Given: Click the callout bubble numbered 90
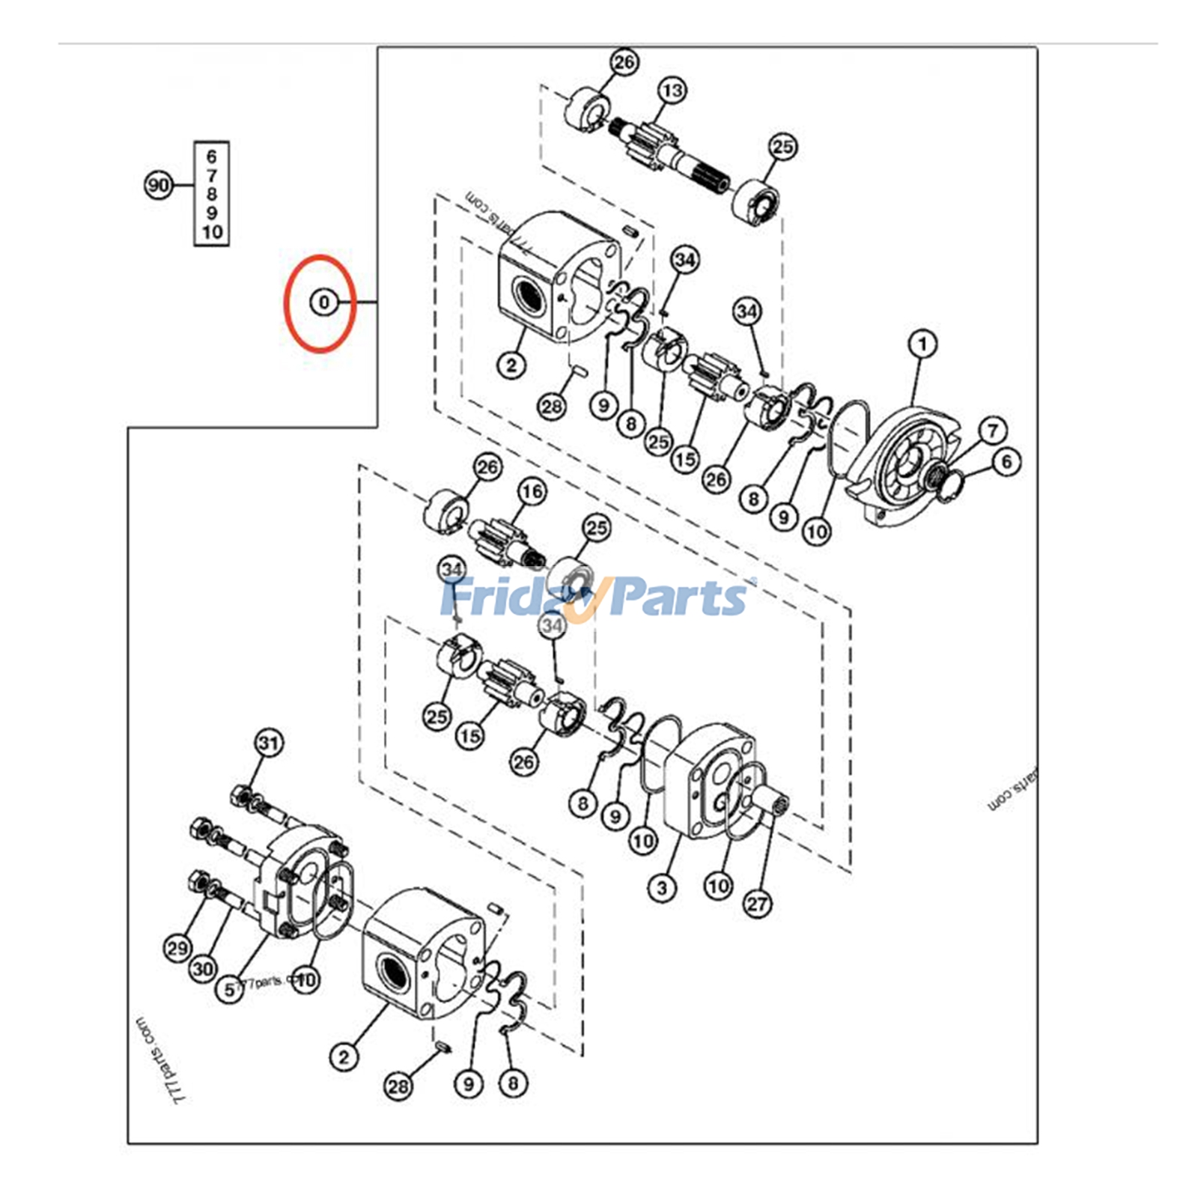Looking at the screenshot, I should click(158, 185).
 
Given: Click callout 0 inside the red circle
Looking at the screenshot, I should click(323, 302).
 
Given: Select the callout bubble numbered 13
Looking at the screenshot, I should click(672, 91).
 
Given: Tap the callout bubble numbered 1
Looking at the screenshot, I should click(922, 344).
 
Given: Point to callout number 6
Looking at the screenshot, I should click(1006, 461).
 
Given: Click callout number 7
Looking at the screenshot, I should click(993, 430).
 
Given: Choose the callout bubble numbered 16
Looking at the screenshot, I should click(532, 492).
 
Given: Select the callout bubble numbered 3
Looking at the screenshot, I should click(662, 888).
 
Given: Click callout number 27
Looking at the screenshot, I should click(757, 904).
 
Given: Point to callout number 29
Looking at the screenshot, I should click(177, 949).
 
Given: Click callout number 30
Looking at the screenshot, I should click(203, 969).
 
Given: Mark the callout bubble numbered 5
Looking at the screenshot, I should click(230, 990).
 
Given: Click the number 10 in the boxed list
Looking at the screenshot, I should click(212, 232).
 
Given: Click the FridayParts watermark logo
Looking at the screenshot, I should click(595, 598).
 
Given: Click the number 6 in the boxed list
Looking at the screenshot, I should click(212, 156).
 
